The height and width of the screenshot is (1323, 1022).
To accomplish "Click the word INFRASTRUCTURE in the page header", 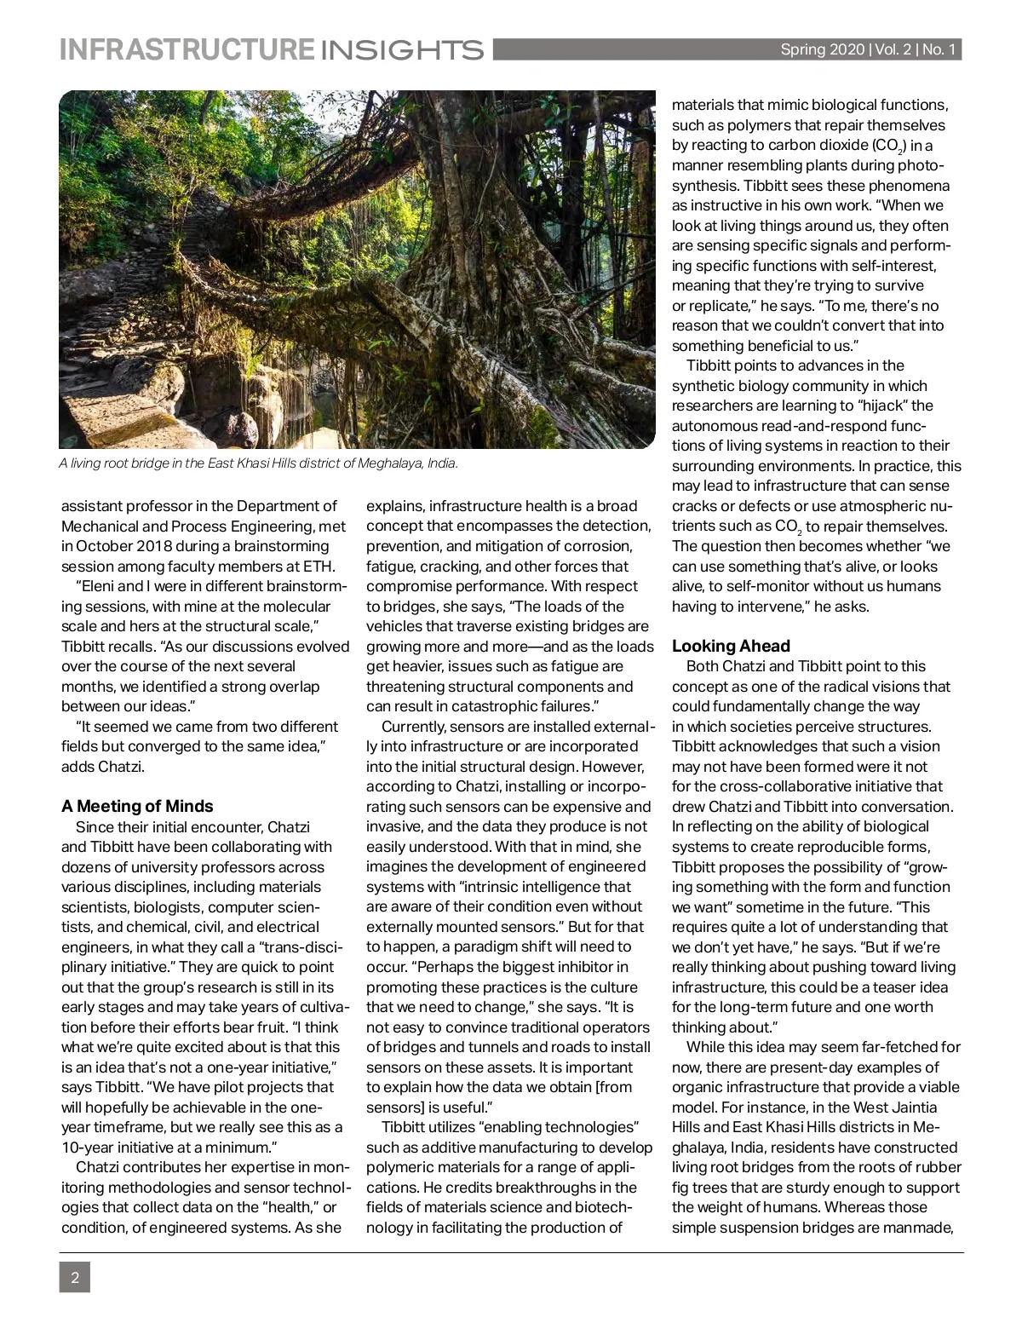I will coord(186,49).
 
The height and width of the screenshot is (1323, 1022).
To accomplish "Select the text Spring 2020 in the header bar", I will coord(822,50).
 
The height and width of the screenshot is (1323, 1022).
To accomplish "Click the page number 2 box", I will coord(74,1277).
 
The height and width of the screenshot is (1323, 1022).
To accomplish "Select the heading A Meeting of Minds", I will coord(137,806).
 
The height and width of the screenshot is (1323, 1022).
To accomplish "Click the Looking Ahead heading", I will coord(731,646).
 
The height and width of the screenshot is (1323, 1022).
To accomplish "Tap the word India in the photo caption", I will coord(442,463).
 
